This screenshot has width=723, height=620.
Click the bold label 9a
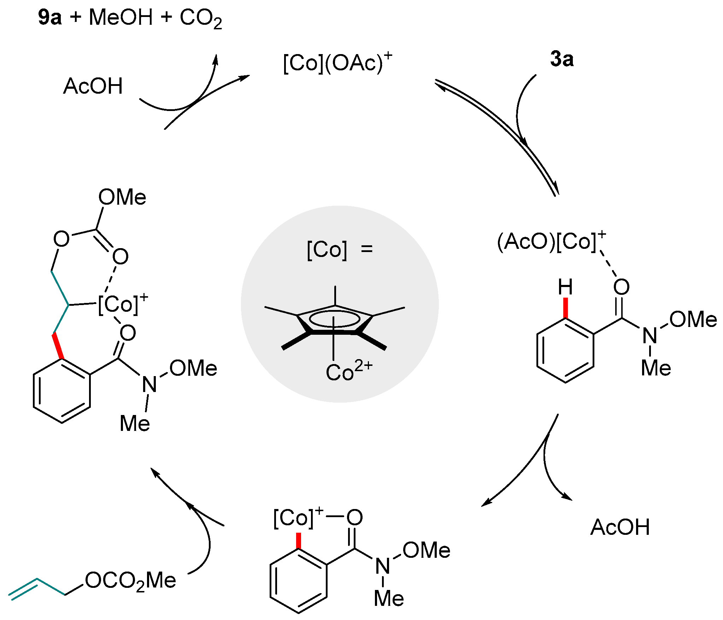click(49, 18)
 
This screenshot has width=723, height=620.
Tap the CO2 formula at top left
click(201, 18)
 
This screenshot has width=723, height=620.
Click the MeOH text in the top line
click(120, 18)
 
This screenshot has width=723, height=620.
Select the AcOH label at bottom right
click(620, 527)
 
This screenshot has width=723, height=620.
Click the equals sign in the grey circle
click(367, 249)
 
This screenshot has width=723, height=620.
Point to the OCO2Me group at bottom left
click(130, 581)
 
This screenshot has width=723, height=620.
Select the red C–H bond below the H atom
click(565, 308)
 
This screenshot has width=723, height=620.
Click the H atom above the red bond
click(565, 287)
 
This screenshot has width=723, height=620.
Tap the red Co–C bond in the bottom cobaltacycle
click(299, 540)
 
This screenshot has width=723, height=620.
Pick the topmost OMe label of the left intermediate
click(122, 197)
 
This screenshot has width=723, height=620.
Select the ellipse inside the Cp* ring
click(334, 319)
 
